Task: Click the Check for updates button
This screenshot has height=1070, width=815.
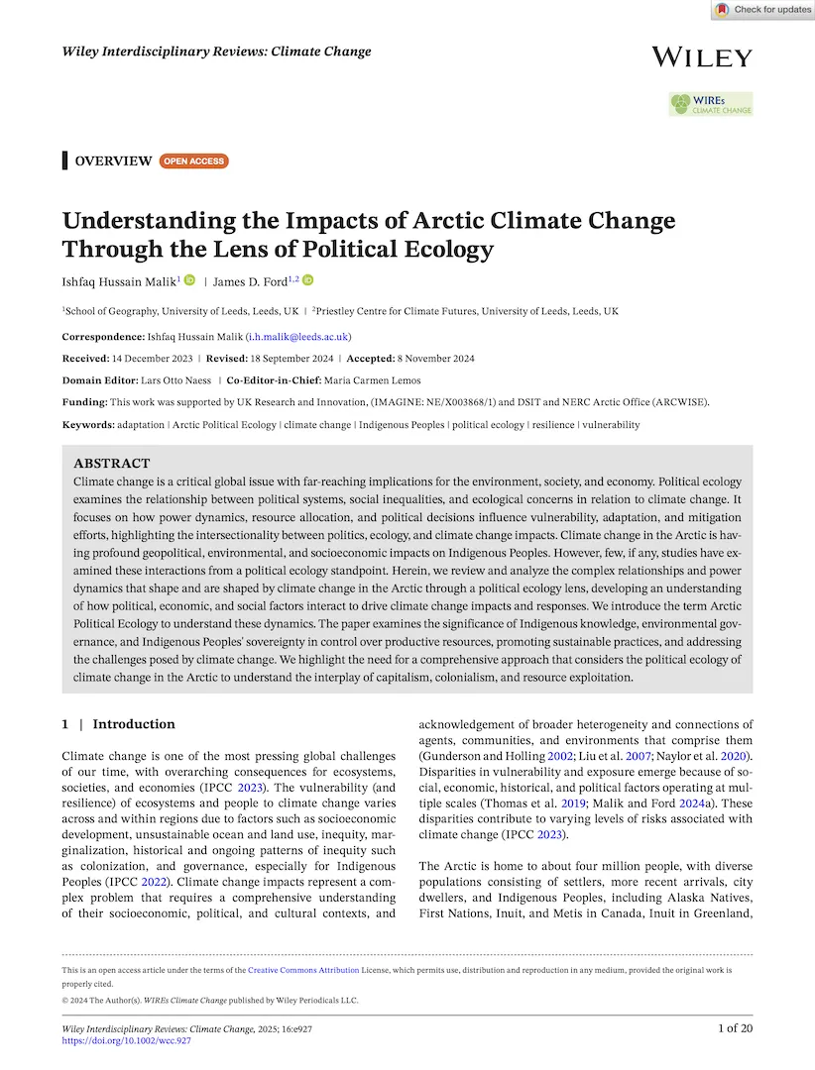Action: (761, 10)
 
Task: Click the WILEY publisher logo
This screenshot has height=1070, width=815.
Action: (702, 56)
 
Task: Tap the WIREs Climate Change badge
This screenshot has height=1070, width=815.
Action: (710, 104)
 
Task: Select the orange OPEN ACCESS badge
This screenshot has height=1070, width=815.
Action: (194, 160)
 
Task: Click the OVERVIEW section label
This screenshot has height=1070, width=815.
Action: (113, 160)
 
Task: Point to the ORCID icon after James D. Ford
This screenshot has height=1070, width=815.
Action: (307, 280)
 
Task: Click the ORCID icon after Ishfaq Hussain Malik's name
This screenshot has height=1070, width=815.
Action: (189, 280)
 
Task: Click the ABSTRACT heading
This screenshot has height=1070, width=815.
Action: (112, 463)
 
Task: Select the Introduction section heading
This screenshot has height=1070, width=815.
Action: (133, 724)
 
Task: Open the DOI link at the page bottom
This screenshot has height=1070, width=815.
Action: (126, 1042)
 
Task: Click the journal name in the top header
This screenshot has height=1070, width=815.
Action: (216, 51)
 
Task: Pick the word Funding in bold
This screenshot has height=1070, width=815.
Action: (84, 402)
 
